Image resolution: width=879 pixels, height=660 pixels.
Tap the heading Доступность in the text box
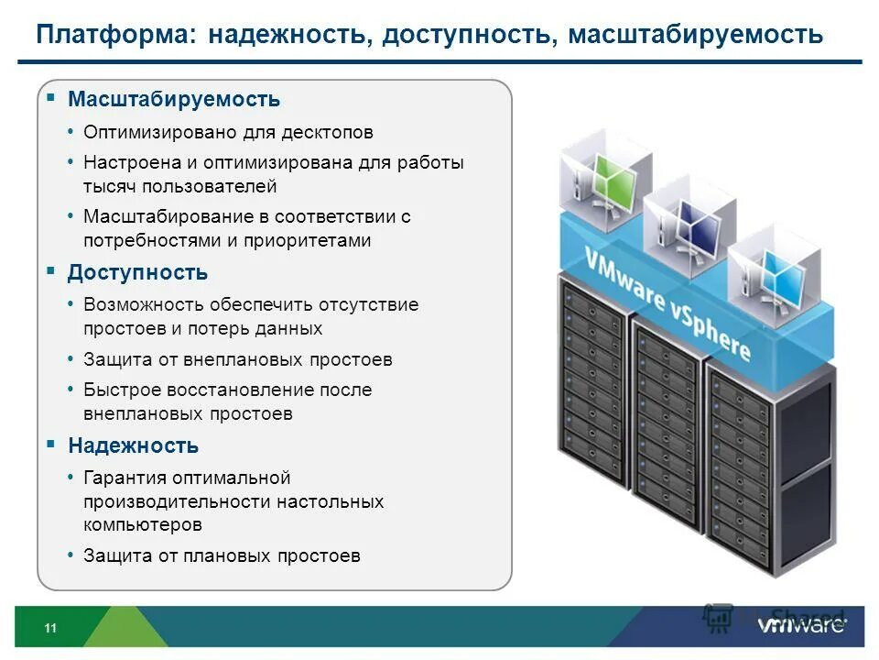[x=137, y=272]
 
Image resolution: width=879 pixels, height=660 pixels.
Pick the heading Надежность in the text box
[x=133, y=445]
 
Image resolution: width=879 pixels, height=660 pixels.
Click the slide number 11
[x=50, y=628]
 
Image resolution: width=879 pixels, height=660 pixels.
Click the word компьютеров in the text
[x=143, y=525]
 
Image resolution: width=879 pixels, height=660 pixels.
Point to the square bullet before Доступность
[x=51, y=270]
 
